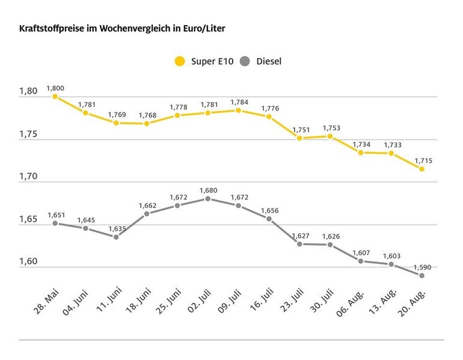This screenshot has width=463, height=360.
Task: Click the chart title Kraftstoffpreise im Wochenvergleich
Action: (122, 28)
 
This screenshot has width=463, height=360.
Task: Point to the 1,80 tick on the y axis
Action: (28, 91)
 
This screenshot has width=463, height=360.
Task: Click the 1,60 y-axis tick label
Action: (28, 262)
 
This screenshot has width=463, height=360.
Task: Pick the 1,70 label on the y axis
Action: (28, 177)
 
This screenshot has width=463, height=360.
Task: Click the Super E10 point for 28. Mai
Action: (55, 96)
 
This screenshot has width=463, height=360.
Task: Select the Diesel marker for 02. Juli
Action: (207, 198)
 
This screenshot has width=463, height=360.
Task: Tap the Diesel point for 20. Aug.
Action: (422, 275)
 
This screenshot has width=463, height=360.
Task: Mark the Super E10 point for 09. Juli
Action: (238, 111)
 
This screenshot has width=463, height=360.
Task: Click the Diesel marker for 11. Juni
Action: (116, 237)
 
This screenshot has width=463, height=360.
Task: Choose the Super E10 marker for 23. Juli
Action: (299, 138)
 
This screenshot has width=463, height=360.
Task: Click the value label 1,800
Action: (55, 88)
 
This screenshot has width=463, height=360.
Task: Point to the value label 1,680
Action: (207, 190)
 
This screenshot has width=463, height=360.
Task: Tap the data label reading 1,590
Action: (422, 267)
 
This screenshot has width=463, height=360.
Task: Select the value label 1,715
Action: (422, 160)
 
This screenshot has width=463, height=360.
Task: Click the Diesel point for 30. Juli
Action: (330, 245)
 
